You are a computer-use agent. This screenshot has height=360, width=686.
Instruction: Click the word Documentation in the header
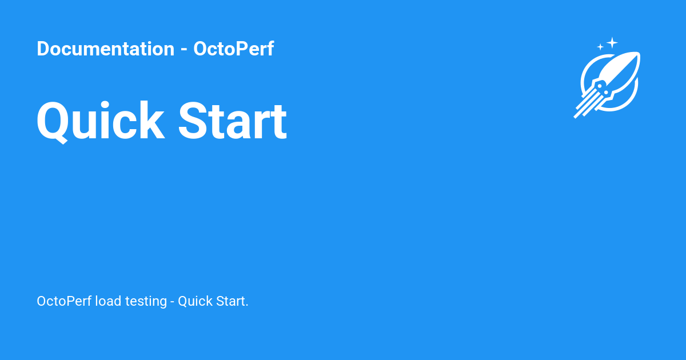click(105, 49)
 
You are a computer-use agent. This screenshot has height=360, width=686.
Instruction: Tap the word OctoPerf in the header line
click(233, 49)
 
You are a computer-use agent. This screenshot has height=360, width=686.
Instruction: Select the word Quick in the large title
click(101, 121)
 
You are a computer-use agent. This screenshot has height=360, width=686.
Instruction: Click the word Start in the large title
click(233, 121)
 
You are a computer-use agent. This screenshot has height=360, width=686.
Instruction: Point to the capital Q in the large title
click(54, 121)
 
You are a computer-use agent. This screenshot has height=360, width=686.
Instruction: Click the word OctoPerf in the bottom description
click(64, 301)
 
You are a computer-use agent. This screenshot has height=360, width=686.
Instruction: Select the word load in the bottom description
click(108, 301)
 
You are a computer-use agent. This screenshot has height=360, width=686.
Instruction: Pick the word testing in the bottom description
click(146, 301)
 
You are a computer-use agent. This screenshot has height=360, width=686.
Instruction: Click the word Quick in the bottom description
click(194, 301)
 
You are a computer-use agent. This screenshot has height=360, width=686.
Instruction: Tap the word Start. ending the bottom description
click(232, 301)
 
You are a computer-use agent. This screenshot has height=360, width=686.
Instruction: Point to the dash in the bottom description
click(172, 302)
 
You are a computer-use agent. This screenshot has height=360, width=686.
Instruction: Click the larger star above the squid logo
click(612, 42)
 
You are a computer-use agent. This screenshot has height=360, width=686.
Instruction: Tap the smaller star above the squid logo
click(600, 47)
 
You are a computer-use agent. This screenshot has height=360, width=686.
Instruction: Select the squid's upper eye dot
click(599, 85)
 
